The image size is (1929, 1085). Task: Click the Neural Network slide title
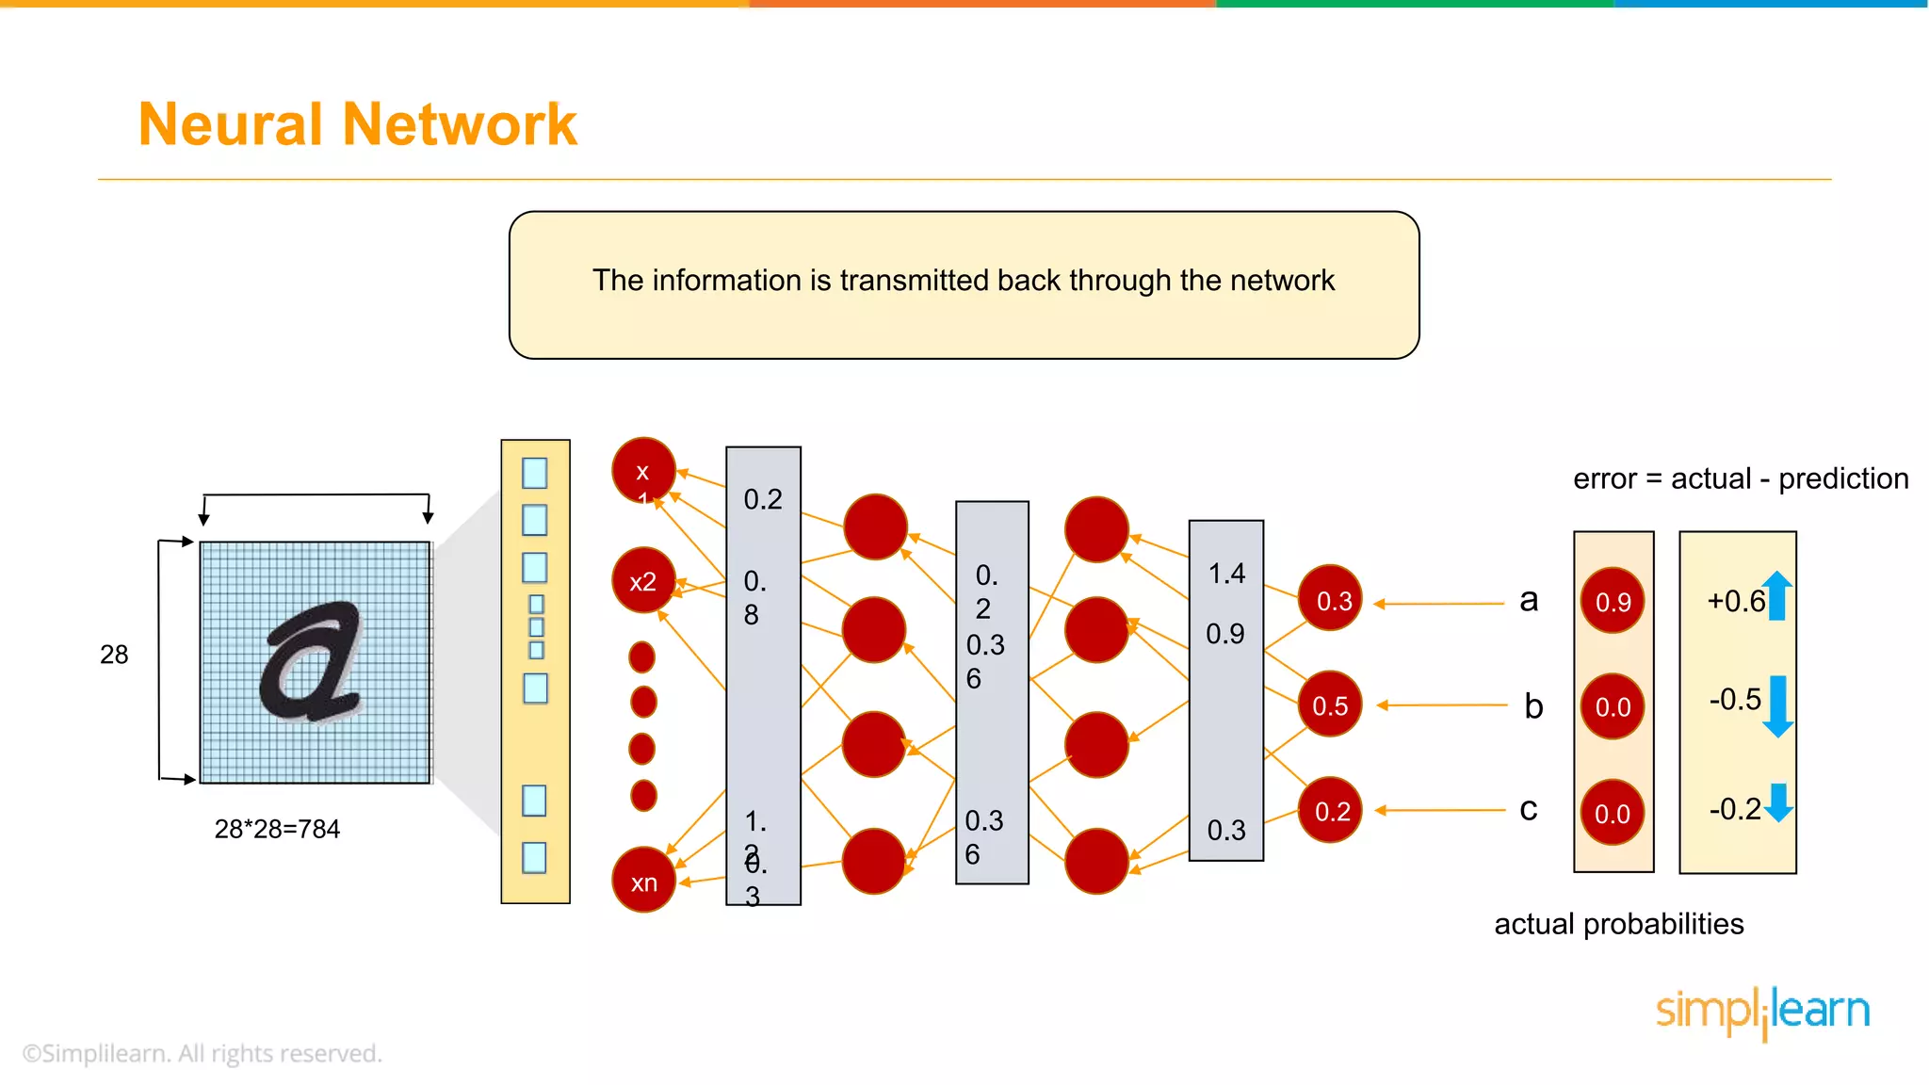[x=357, y=124]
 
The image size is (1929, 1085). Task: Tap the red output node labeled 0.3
[x=1330, y=599]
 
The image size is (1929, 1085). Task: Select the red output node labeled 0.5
[x=1329, y=704]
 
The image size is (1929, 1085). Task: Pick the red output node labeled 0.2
[x=1330, y=811]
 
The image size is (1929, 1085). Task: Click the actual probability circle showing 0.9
[x=1613, y=601]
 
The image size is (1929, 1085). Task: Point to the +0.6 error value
[x=1735, y=601]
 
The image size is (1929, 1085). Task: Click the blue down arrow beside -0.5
[x=1777, y=705]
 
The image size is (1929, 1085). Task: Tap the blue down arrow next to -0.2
[x=1778, y=802]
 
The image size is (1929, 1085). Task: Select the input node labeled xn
[x=643, y=882]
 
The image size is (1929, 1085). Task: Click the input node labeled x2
[x=643, y=581]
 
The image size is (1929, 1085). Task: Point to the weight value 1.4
[x=1226, y=573]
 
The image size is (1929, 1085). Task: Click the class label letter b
[x=1533, y=706]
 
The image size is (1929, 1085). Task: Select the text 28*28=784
[x=277, y=829]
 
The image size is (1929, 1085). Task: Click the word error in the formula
[x=1604, y=478]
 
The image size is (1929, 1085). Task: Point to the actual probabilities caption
[x=1618, y=924]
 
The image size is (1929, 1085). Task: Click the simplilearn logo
[x=1762, y=1012]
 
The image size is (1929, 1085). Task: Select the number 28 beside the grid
[x=114, y=655]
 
